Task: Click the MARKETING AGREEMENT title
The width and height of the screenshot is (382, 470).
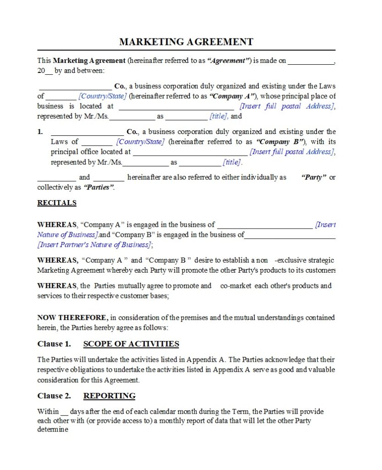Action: pos(186,42)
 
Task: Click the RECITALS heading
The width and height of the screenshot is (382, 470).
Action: pos(57,203)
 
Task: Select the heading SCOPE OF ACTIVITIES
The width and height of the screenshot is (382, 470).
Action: pos(131,344)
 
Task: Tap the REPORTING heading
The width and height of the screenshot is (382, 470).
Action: pos(109,396)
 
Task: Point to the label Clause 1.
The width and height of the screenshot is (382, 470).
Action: pos(54,344)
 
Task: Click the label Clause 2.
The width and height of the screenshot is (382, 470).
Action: pos(54,396)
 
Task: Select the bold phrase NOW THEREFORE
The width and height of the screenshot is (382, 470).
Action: pos(72,318)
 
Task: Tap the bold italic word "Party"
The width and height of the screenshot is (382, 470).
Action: pos(314,178)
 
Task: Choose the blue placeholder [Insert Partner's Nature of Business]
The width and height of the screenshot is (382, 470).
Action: pos(94,245)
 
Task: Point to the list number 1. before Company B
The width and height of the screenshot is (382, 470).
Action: pos(40,132)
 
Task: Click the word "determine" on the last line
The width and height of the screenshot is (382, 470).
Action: pos(53,430)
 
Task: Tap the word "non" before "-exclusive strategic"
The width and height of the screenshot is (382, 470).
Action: pos(262,260)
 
